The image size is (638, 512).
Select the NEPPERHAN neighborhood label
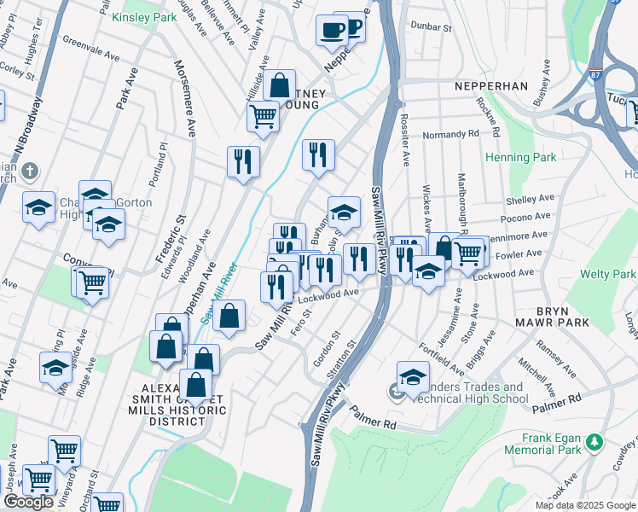tap(492, 87)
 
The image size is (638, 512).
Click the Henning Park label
tap(520, 157)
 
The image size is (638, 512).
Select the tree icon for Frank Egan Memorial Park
tap(594, 442)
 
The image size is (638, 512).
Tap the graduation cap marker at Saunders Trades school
tap(413, 376)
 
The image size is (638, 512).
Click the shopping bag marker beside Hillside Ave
tap(279, 85)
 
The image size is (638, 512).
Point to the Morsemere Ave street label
tap(185, 98)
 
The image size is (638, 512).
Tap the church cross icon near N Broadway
tap(29, 170)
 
